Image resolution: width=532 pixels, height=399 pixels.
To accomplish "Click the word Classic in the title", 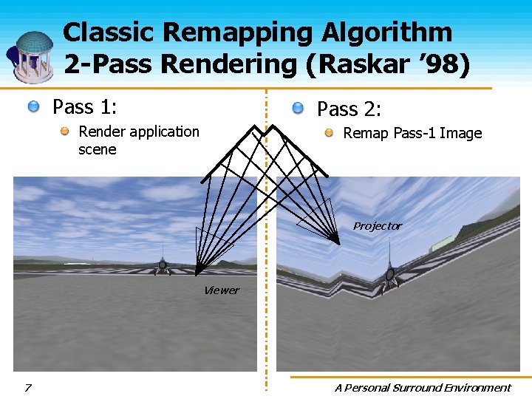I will [x=111, y=33].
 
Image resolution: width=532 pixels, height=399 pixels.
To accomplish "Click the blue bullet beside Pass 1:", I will [x=34, y=108].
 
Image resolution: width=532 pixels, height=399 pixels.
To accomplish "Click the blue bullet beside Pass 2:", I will [x=298, y=109].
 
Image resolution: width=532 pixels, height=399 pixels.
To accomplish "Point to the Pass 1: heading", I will [x=84, y=107].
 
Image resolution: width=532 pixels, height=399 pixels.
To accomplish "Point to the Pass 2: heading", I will [x=349, y=109].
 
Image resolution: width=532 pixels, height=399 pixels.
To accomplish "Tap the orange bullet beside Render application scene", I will [x=66, y=132].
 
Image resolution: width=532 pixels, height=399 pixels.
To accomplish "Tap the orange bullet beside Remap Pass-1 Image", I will [x=330, y=133].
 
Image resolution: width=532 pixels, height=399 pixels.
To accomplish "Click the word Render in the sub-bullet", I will [x=101, y=132].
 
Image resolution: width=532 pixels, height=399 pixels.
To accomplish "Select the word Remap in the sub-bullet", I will [x=364, y=133].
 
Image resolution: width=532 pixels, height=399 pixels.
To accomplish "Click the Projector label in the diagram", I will [x=377, y=226].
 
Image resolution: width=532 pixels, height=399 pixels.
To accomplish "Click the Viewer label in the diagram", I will [x=221, y=290].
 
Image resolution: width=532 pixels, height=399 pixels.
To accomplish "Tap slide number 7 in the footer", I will [x=28, y=387].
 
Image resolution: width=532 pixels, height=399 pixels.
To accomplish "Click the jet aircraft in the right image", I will [x=389, y=273].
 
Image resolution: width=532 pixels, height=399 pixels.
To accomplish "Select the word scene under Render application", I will [x=98, y=149].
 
